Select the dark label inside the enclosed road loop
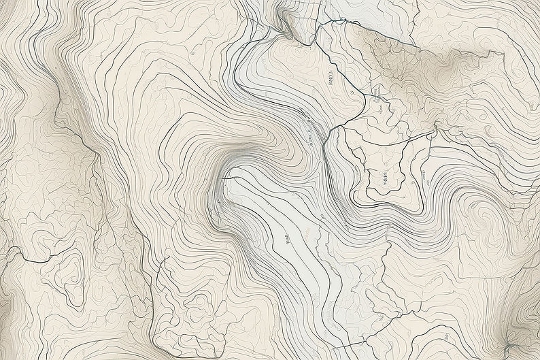coord(384,179)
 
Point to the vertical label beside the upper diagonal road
coord(329,81)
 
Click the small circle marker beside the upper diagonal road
coord(352,92)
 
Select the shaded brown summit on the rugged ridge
coord(449,68)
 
